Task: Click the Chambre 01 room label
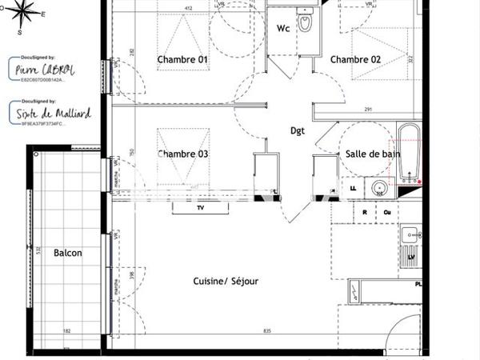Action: point(182,60)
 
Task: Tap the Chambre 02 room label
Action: point(355,60)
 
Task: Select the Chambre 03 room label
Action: point(182,154)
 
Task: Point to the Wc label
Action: point(283,29)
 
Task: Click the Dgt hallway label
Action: point(297,130)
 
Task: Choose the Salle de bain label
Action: point(367,154)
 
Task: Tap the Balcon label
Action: point(68,254)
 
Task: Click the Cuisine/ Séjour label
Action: point(226,282)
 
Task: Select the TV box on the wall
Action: point(200,208)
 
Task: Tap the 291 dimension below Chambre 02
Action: point(369,110)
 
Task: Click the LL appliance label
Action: point(353,188)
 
